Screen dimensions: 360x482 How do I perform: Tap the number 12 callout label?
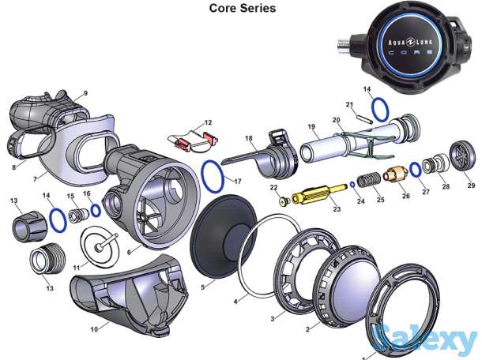pyautogui.click(x=208, y=122)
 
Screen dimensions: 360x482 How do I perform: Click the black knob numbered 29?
pyautogui.click(x=460, y=156)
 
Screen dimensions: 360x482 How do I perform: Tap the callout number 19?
pyautogui.click(x=311, y=126)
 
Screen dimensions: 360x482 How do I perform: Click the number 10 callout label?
pyautogui.click(x=94, y=328)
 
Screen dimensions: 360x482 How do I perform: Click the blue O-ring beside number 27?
pyautogui.click(x=414, y=170)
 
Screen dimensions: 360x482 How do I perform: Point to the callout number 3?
pyautogui.click(x=272, y=318)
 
